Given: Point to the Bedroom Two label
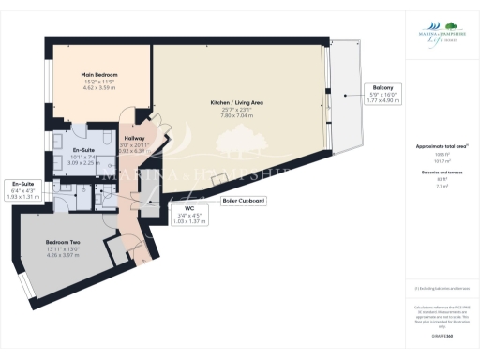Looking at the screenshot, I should click(x=64, y=242).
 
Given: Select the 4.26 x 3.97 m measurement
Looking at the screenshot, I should click(x=64, y=255).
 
